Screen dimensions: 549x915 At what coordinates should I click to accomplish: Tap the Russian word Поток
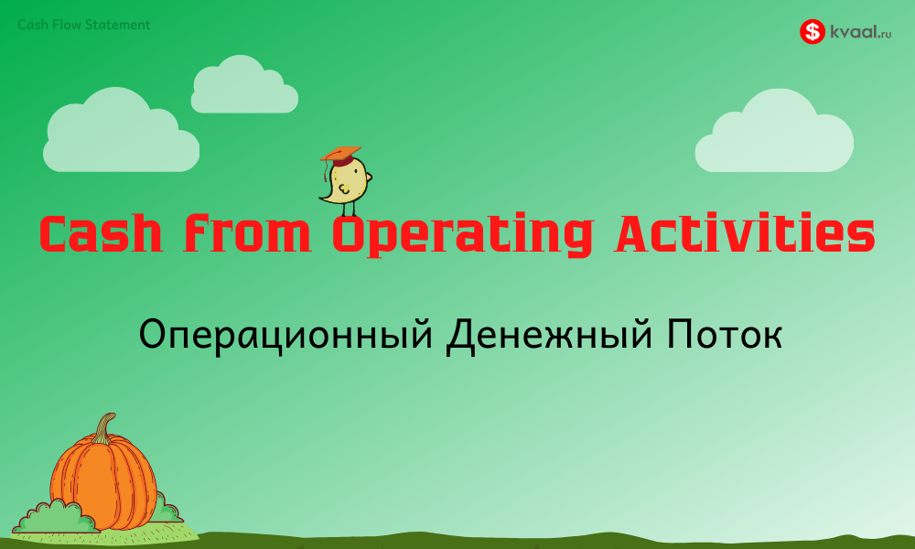click(718, 335)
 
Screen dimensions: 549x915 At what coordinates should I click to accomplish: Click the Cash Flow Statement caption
click(83, 25)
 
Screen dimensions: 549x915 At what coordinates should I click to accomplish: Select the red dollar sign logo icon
click(812, 32)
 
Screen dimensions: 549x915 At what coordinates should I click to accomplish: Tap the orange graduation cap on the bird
click(340, 155)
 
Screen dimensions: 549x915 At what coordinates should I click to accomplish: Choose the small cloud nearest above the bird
click(243, 87)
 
